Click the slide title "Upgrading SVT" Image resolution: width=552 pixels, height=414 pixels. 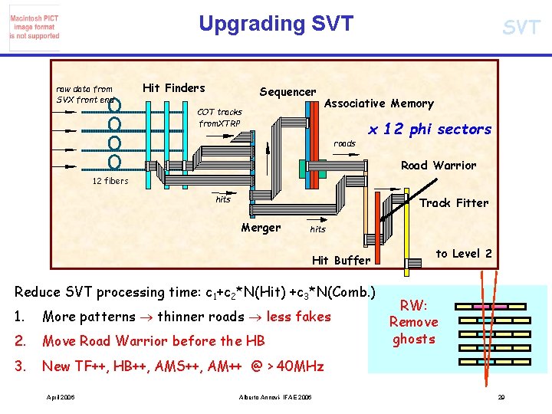276,24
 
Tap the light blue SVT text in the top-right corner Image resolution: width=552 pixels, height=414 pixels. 521,28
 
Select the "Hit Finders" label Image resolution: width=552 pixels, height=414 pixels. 174,87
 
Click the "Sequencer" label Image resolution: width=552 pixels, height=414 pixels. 287,92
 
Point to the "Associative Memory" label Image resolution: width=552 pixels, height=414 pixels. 379,103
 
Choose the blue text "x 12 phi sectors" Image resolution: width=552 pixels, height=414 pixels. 429,130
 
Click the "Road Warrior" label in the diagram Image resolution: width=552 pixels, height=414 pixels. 439,165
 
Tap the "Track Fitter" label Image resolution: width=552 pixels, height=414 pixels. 454,203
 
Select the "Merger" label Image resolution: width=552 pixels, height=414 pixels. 261,227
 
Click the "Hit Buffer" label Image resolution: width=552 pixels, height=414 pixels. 341,261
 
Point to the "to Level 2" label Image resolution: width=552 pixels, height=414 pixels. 465,254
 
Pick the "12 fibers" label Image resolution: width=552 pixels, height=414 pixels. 110,181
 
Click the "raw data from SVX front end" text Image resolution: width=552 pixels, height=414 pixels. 84,94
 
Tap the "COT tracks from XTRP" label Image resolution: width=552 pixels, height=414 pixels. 220,117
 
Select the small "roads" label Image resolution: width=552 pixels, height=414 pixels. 344,143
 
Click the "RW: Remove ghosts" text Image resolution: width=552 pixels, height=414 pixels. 413,322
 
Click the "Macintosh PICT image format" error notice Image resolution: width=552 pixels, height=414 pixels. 34,27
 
